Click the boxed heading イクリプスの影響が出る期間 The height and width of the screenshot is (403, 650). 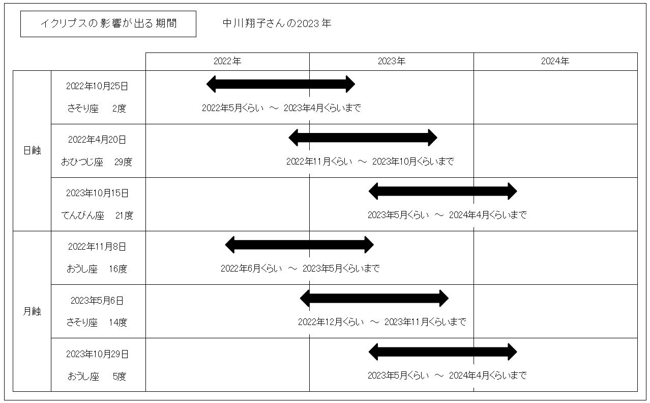point(108,23)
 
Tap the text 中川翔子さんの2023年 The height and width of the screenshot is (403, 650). point(277,23)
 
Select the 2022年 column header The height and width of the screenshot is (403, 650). point(227,61)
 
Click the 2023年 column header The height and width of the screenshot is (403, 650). point(392,61)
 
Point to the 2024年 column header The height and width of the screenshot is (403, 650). point(555,61)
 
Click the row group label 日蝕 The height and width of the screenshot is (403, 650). point(32,150)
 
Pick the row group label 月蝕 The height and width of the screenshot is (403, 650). point(32,311)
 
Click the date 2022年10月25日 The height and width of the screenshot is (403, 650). point(97,86)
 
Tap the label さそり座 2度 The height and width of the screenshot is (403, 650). point(97,109)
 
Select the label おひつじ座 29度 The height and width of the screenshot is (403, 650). point(97,162)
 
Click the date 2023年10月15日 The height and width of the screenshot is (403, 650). point(97,193)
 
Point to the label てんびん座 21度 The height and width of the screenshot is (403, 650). point(97,216)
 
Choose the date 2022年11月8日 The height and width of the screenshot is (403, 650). point(97,247)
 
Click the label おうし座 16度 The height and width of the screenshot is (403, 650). point(97,269)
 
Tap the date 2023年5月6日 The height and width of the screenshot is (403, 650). point(97,301)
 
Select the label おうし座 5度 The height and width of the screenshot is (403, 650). point(97,377)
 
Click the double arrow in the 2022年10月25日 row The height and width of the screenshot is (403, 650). point(281,84)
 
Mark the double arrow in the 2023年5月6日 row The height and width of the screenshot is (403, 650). point(374,299)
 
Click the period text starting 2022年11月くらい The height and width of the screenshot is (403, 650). point(370,162)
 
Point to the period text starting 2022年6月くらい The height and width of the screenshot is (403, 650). point(300,268)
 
